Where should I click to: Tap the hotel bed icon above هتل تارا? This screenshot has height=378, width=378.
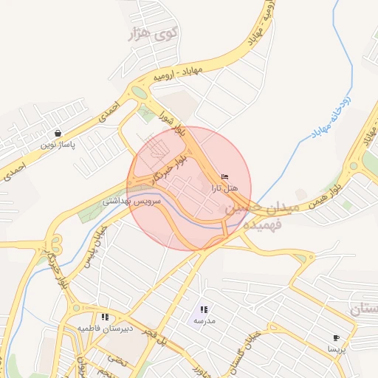[224, 177]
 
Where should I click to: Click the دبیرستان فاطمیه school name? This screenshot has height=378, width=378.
[106, 327]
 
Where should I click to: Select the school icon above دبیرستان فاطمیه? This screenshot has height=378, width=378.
[105, 316]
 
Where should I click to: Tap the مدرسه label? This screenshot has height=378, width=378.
[203, 321]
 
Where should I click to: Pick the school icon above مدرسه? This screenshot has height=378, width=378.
[204, 310]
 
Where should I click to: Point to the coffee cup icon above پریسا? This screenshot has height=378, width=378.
[337, 337]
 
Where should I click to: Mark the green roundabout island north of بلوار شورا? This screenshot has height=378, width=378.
[138, 93]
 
